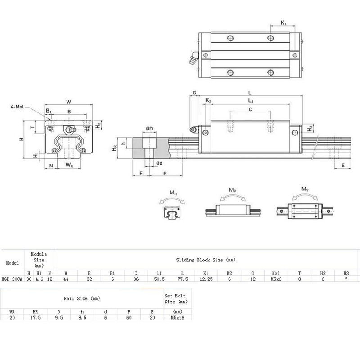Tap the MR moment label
pos(173,193)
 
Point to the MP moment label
pos(233,191)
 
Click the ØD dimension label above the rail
pos(149,129)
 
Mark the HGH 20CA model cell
pos(12,279)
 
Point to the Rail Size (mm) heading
pos(82,298)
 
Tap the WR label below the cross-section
pos(69,166)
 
